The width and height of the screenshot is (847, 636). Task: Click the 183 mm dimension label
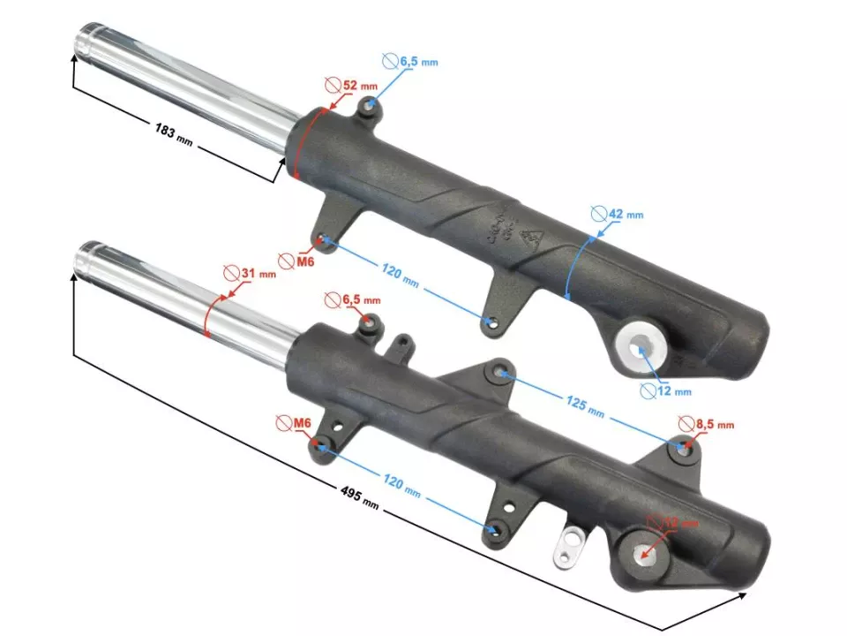(x=173, y=134)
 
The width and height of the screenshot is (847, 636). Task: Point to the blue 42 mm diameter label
(x=617, y=214)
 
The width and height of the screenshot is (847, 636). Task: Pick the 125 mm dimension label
(x=584, y=407)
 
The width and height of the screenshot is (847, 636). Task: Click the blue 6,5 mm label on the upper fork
(x=410, y=61)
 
